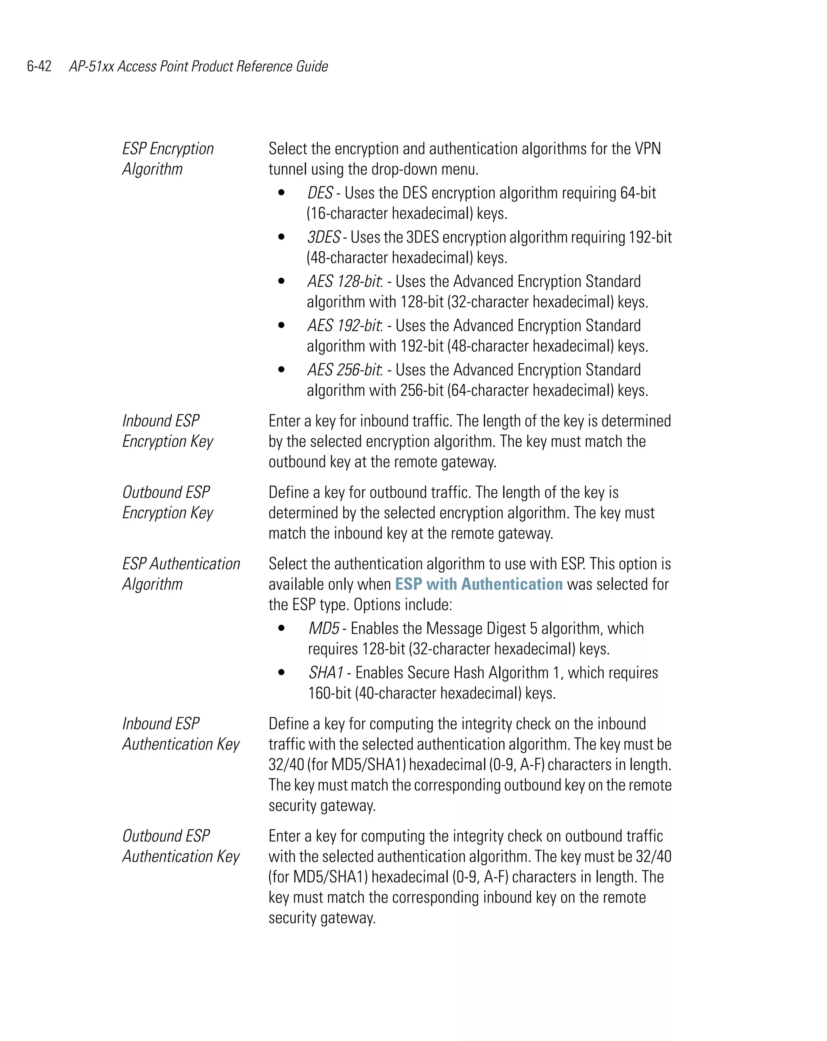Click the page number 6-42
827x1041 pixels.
pos(39,66)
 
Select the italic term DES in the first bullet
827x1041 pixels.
pos(320,193)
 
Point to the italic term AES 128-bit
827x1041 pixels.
pos(344,281)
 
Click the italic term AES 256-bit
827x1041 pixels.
pos(344,370)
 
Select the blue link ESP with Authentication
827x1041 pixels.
pos(478,584)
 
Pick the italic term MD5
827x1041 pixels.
pos(323,628)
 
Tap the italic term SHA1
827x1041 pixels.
pos(325,672)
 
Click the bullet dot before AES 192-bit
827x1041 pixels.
pos(281,325)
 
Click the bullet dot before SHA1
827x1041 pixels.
pos(281,672)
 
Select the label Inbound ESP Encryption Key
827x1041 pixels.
pos(167,431)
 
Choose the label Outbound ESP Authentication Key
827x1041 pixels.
pos(181,846)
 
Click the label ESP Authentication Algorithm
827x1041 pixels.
pos(181,574)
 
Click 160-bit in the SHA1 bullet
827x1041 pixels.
pos(330,693)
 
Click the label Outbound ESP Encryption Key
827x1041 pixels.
pos(167,503)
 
